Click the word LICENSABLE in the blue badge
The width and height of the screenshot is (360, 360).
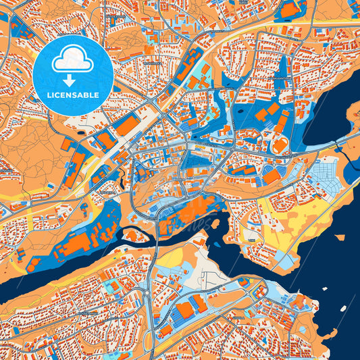tap(73, 95)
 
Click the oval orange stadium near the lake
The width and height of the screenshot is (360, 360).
tap(279, 145)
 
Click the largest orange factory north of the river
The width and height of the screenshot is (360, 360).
tap(78, 243)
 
